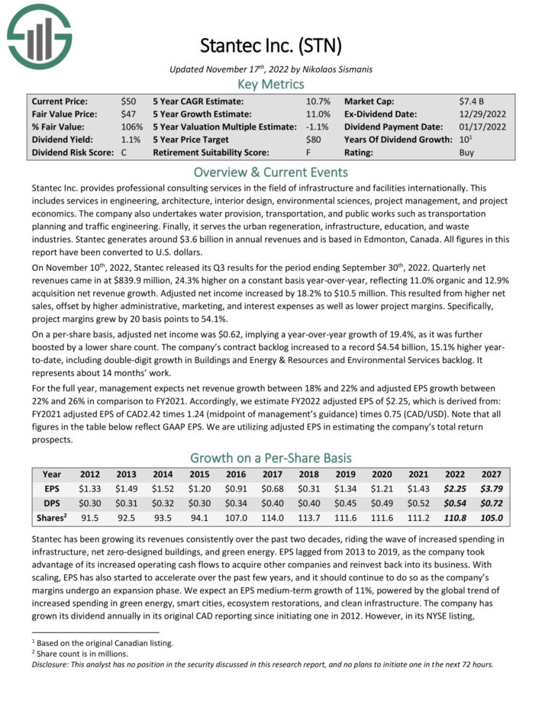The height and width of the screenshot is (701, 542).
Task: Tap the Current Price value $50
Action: tap(128, 101)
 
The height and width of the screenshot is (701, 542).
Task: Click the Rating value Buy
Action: tap(466, 153)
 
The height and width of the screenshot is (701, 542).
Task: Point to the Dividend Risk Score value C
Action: tap(124, 153)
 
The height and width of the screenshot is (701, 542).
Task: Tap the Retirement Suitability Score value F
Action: tap(308, 153)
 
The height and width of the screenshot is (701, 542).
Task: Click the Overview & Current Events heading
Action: tap(270, 172)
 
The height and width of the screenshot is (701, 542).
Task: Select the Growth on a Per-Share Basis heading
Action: tap(270, 458)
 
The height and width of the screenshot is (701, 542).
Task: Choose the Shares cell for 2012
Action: tap(90, 518)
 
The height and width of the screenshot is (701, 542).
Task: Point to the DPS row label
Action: tap(52, 503)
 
